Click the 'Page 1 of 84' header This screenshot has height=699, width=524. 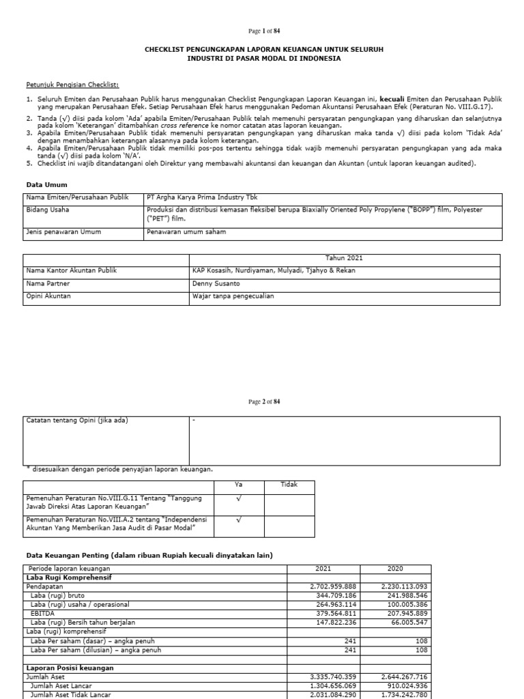pos(262,31)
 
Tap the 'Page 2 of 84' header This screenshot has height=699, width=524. pos(262,401)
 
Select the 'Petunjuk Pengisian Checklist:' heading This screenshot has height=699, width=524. pos(72,85)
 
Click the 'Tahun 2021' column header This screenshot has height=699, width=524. pos(344,259)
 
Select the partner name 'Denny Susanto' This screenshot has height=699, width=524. pos(216,283)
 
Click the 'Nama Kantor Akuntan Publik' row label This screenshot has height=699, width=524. pos(72,270)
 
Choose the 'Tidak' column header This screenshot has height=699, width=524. pos(289,485)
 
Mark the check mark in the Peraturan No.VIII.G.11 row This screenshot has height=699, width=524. pos(239,500)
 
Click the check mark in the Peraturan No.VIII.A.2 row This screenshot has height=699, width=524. pos(239,520)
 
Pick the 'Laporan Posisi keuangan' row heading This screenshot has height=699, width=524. pos(70,668)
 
